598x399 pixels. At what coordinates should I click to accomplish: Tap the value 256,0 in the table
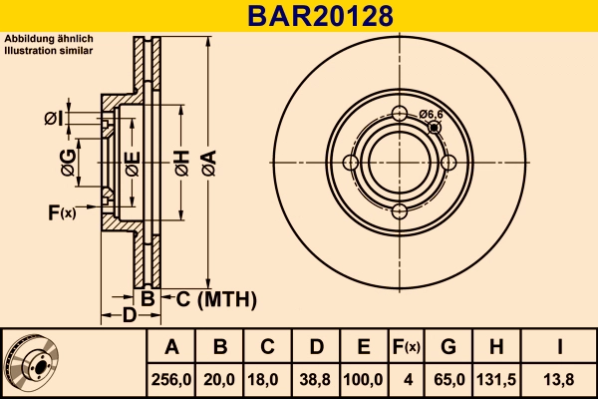[x=171, y=380]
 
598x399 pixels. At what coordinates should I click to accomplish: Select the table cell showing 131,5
[x=496, y=380]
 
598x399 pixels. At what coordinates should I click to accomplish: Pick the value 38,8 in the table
[x=315, y=380]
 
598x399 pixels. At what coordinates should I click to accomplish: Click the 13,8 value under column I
[x=561, y=380]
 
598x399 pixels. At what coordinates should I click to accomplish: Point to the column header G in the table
[x=448, y=348]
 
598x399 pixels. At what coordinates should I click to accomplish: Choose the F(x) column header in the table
[x=406, y=348]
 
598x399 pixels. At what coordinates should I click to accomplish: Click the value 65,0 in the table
[x=448, y=380]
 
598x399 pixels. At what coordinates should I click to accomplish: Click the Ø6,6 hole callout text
[x=432, y=115]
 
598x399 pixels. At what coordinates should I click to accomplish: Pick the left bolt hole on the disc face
[x=350, y=163]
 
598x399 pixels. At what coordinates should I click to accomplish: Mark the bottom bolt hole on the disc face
[x=399, y=211]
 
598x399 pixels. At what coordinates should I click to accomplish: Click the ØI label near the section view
[x=54, y=120]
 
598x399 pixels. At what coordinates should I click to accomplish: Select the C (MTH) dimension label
[x=216, y=298]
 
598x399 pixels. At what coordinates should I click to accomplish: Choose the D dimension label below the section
[x=129, y=317]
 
